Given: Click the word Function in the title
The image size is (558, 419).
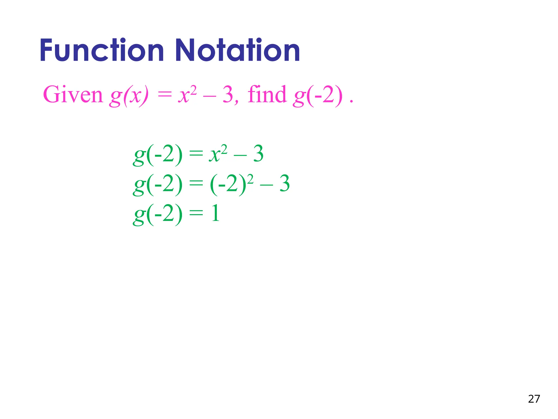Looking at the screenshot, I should point(102,51).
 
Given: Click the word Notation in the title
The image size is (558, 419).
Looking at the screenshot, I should point(237,51).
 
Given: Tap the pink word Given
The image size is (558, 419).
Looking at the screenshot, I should point(73,95).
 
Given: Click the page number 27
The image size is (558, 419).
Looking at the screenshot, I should point(534,399).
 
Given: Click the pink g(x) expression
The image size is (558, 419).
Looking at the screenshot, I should point(129,95).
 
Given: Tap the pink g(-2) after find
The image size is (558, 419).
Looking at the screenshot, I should point(318,95).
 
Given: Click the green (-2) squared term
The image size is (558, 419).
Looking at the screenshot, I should point(232,184).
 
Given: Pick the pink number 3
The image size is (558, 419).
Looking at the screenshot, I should point(228,95).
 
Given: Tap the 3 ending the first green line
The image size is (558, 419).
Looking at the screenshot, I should point(258,154).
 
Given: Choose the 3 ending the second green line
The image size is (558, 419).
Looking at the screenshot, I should point(284,184).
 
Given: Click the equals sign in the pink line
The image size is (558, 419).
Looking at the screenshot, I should point(165,95).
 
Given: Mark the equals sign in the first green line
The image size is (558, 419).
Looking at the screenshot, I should point(196,154).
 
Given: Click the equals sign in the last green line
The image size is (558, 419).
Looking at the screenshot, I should point(196,213).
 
